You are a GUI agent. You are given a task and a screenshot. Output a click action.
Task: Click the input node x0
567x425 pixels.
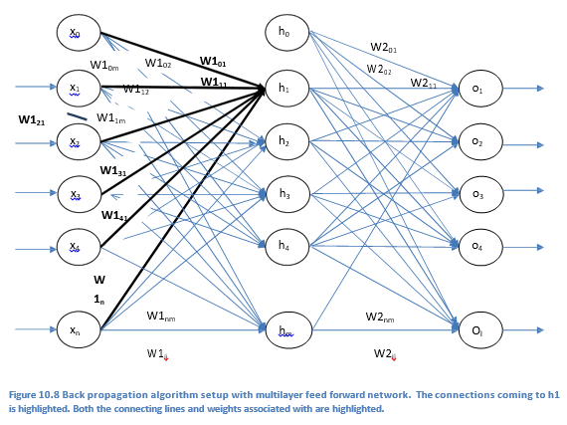coord(75,34)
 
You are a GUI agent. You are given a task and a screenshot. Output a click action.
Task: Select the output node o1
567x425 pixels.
coord(477,90)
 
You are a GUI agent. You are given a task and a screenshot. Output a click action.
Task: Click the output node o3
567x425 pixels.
coord(477,194)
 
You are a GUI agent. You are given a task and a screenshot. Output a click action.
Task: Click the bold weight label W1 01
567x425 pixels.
coord(213,61)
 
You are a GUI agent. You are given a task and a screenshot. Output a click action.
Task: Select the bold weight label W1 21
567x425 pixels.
coord(33,119)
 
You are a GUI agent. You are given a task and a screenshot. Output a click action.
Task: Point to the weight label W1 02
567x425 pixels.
coord(158,63)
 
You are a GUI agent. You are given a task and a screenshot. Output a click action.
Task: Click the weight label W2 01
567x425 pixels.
coord(384,47)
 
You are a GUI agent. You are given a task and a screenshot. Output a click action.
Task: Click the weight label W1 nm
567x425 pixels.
coord(164,316)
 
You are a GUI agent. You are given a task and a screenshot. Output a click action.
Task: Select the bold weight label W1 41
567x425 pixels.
coord(114,215)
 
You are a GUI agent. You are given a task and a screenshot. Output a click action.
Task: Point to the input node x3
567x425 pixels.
coord(75,194)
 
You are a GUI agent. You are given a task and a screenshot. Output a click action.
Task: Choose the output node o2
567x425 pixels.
coord(477,142)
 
